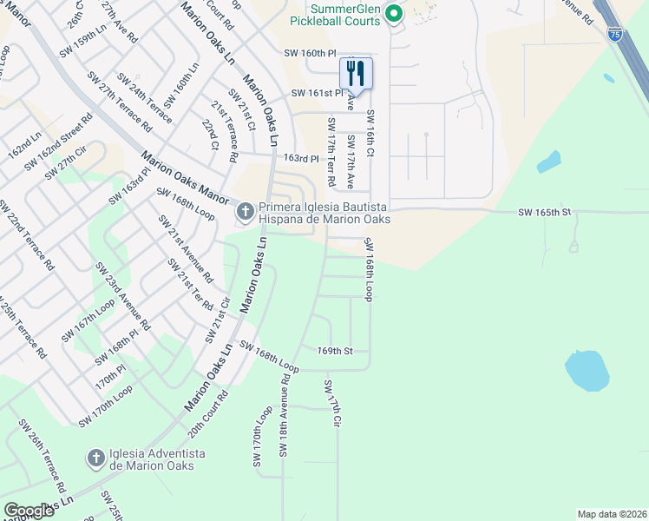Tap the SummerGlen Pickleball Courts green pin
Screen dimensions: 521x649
(x=393, y=13)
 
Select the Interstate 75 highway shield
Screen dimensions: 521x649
(x=614, y=34)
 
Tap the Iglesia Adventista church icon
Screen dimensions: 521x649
(x=96, y=457)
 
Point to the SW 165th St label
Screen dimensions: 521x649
(x=545, y=212)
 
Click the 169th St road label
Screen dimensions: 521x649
(x=335, y=351)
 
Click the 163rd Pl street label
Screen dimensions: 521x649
(x=302, y=159)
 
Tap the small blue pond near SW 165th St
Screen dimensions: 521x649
(x=548, y=162)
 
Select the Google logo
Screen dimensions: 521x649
(x=29, y=511)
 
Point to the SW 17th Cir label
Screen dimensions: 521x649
(x=332, y=403)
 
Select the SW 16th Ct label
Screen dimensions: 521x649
(x=370, y=133)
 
